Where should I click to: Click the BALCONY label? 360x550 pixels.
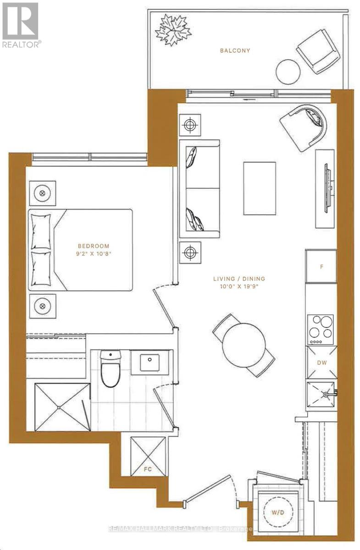[x=235, y=50]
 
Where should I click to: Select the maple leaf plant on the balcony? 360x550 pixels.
[x=173, y=30]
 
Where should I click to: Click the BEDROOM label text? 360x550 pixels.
[x=94, y=246]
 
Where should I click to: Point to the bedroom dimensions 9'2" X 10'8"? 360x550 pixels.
[x=94, y=253]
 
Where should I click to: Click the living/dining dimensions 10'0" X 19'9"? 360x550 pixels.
[x=239, y=286]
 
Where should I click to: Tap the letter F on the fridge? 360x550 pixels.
[x=321, y=267]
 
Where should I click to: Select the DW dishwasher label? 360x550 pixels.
[x=321, y=363]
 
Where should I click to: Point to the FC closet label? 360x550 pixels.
[x=148, y=469]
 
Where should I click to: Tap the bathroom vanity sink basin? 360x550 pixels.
[x=150, y=363]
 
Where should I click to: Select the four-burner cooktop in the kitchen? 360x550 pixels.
[x=321, y=330]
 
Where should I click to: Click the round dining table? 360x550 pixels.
[x=244, y=345]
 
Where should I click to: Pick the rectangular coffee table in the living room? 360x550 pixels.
[x=260, y=188]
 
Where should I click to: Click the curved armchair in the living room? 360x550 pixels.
[x=304, y=127]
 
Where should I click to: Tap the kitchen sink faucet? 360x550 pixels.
[x=327, y=394]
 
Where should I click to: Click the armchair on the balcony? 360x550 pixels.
[x=318, y=51]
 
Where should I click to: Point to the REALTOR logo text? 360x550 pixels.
[x=22, y=44]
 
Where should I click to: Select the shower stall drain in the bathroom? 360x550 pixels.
[x=59, y=407]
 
